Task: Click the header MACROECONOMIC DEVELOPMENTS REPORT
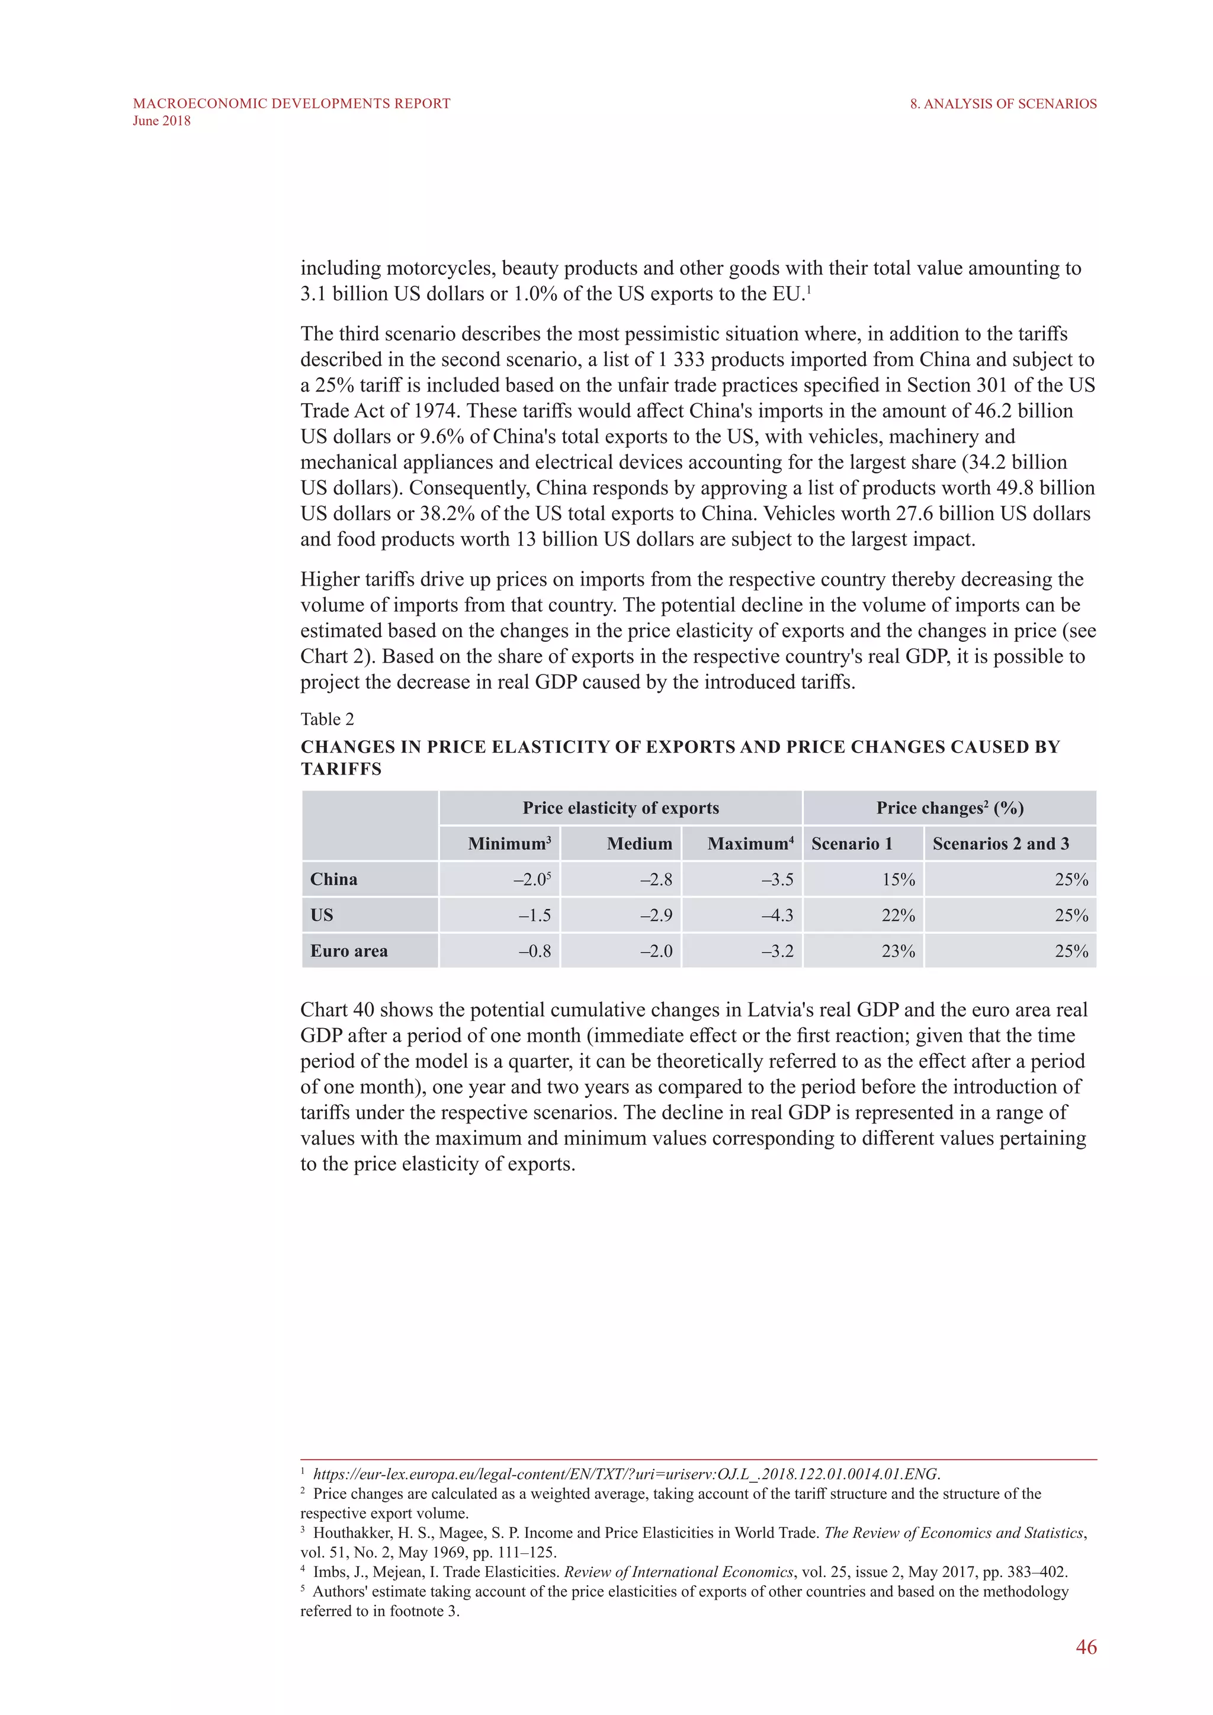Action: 291,104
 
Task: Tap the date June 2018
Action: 161,121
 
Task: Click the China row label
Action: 334,879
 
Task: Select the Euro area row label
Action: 349,951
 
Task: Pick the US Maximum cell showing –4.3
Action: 778,915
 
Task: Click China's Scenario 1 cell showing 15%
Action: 898,879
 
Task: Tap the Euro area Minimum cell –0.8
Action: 535,951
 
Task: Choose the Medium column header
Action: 639,843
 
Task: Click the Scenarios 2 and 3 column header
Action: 1000,843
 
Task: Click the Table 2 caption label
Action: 327,720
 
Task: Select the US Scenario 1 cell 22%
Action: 898,915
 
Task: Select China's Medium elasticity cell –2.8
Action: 656,879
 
